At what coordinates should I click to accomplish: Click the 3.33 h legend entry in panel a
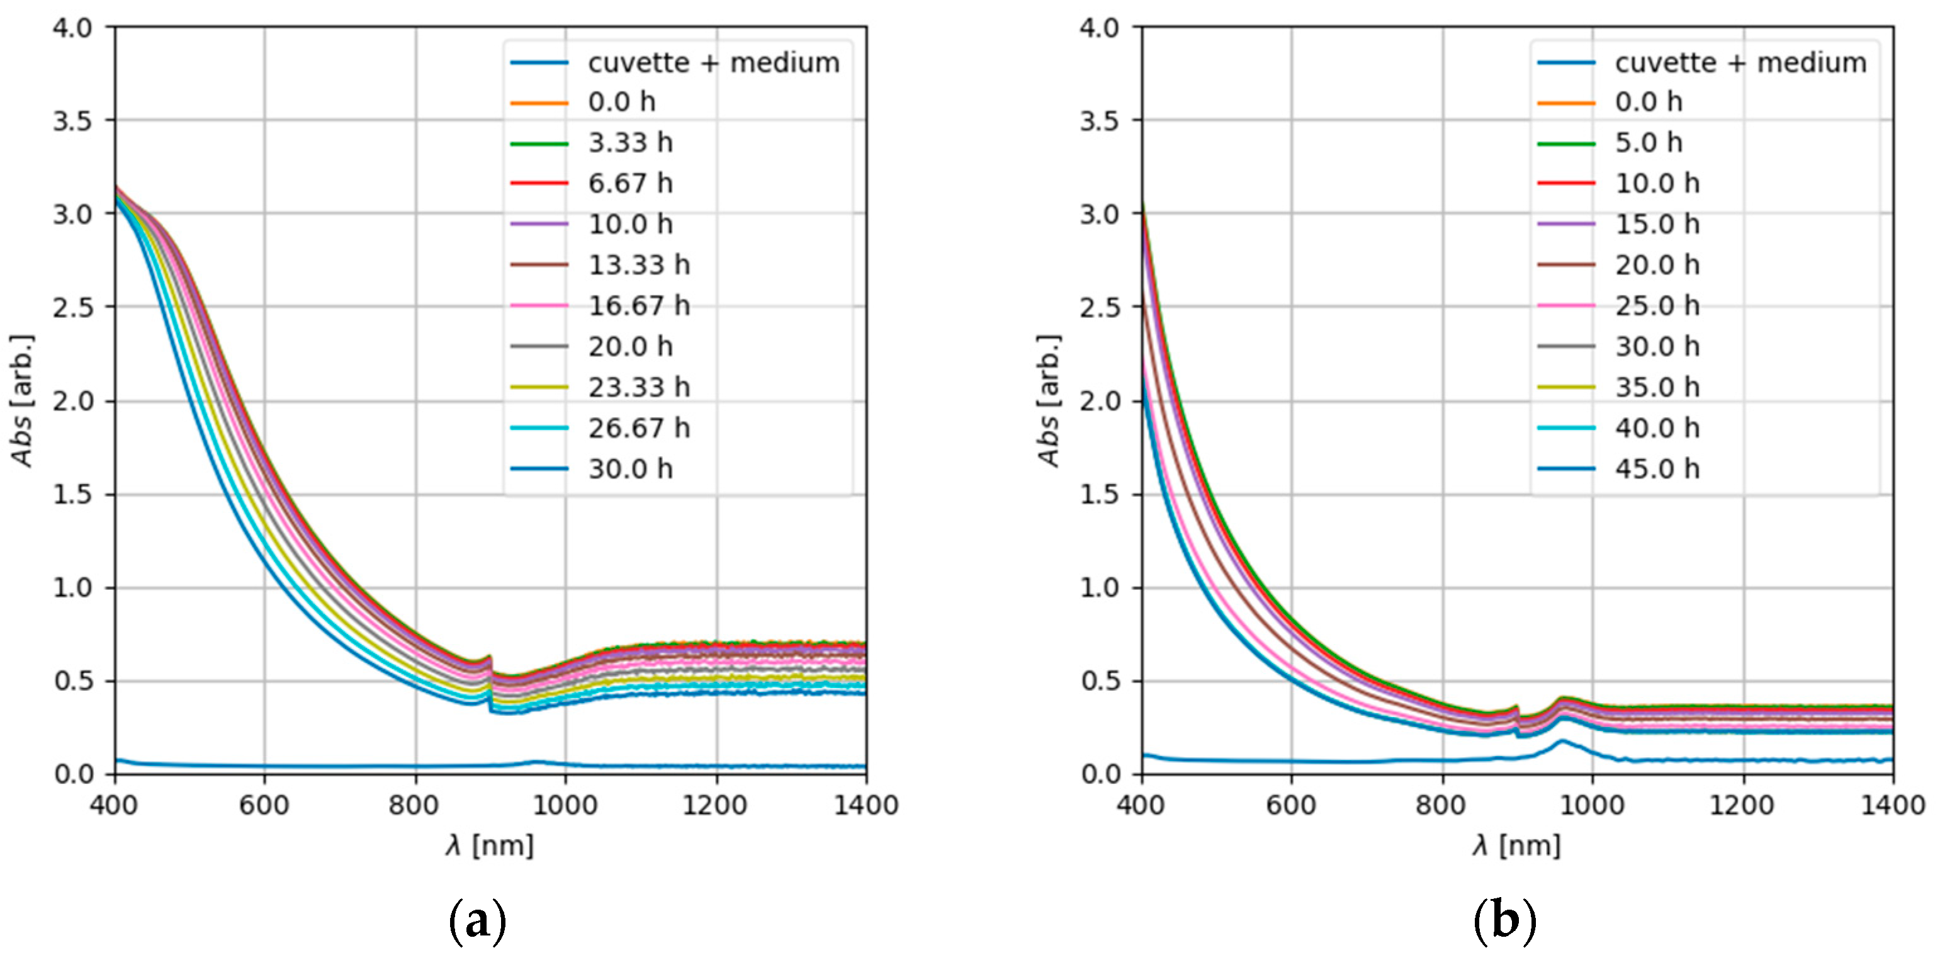click(x=629, y=142)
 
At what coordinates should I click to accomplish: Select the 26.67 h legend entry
click(x=639, y=428)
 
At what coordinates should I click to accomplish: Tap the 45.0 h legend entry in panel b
click(x=1657, y=468)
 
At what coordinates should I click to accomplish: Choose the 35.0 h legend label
click(x=1657, y=387)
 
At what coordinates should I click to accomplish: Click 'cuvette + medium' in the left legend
click(x=713, y=62)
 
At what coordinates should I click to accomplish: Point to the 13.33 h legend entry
click(x=639, y=264)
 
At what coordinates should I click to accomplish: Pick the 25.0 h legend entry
click(x=1657, y=305)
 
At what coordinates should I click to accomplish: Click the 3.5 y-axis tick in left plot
click(x=72, y=120)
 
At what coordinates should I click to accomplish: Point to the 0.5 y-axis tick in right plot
click(x=1100, y=681)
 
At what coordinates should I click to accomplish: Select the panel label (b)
click(x=1504, y=920)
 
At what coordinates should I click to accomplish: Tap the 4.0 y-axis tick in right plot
click(x=1100, y=28)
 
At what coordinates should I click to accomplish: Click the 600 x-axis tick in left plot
click(x=264, y=805)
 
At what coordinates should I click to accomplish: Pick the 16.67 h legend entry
click(x=639, y=305)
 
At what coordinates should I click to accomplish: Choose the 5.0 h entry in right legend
click(x=1648, y=142)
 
